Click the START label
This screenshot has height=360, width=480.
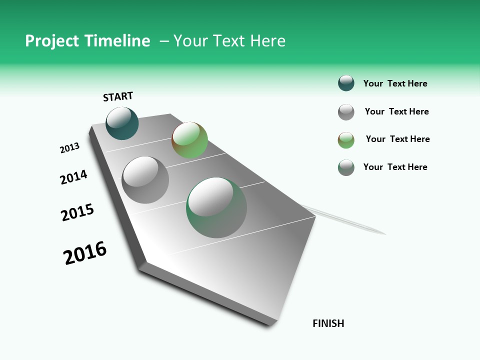118,96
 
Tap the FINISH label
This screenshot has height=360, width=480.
328,323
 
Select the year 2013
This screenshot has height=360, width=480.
69,148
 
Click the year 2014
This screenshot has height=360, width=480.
73,177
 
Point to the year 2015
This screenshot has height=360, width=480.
77,212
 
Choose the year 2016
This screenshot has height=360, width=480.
85,252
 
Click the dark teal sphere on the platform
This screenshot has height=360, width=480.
122,123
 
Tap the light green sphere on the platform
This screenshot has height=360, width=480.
189,140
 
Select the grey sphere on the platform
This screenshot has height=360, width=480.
145,179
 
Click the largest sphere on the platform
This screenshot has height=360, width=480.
216,207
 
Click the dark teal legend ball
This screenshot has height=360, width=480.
346,83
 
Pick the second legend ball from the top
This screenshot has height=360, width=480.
346,112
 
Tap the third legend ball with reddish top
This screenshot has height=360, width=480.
346,140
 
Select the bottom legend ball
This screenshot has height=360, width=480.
346,167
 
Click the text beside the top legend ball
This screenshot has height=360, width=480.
395,83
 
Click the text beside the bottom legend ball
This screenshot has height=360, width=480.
395,167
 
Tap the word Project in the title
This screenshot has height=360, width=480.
52,41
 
